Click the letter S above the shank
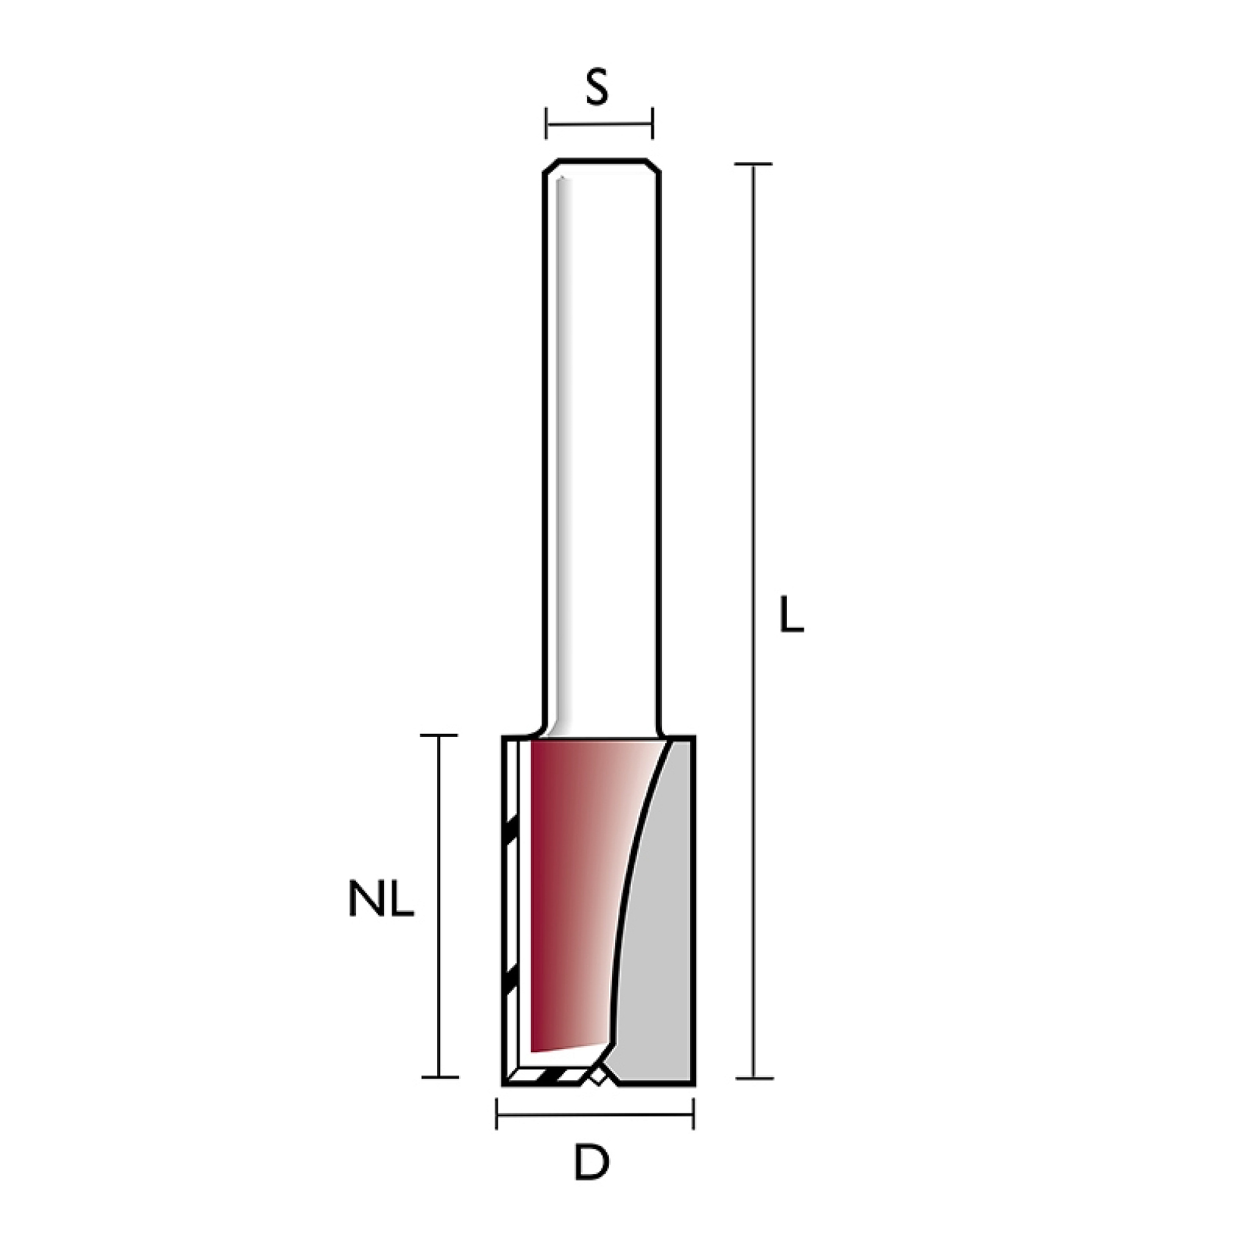click(598, 89)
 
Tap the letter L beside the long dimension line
click(792, 613)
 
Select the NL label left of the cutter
click(382, 899)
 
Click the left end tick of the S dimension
click(546, 123)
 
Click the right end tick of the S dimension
click(653, 123)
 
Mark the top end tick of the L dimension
click(754, 164)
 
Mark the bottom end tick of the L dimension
click(754, 1078)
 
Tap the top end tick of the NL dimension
click(439, 736)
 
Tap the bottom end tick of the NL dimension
click(439, 1077)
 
